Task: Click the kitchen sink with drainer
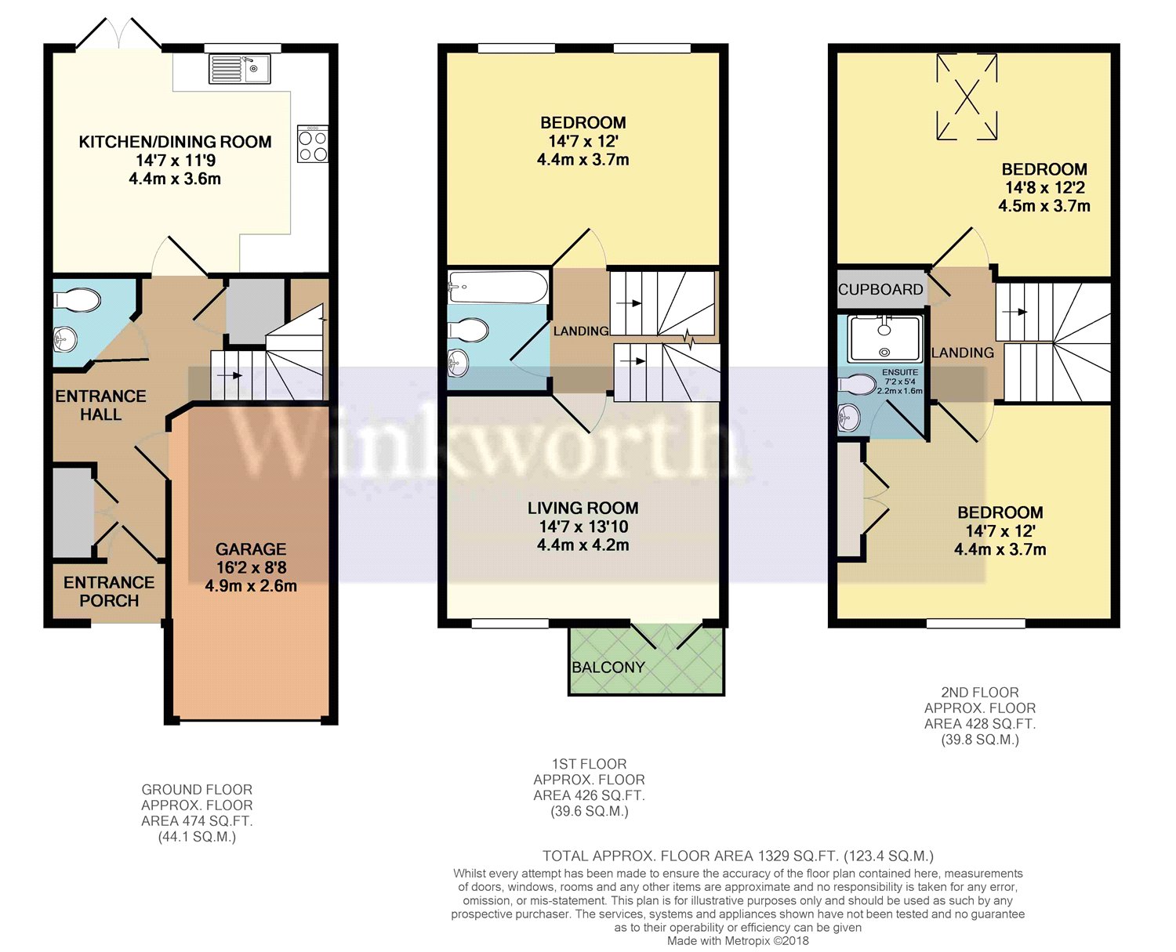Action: (x=239, y=69)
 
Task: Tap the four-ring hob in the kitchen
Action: (x=312, y=144)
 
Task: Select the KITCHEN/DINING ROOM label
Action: (x=175, y=142)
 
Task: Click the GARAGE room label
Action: (x=251, y=549)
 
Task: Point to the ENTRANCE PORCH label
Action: (x=109, y=592)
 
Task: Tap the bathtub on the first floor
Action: (x=497, y=288)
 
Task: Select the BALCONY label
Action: (x=608, y=668)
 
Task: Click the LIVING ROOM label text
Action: (x=583, y=508)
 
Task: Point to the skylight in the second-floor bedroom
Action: (x=967, y=96)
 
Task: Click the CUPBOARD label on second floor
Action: (x=880, y=289)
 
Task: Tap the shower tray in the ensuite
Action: (x=884, y=338)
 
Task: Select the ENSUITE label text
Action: (x=899, y=372)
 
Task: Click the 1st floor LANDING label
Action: (x=581, y=331)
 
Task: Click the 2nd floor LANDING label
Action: (x=962, y=353)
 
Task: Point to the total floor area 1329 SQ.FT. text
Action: (x=738, y=856)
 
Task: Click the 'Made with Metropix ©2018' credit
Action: (x=738, y=940)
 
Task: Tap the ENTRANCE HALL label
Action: (x=100, y=405)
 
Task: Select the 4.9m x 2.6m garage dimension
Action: (x=251, y=585)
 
